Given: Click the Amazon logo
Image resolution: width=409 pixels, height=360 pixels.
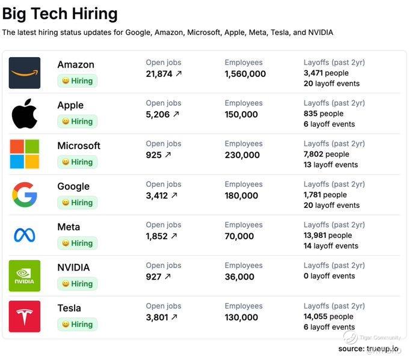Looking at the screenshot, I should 25,73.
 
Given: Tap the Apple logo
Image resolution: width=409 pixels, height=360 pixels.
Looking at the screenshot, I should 25,114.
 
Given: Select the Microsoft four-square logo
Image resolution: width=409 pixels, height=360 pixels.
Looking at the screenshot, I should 25,154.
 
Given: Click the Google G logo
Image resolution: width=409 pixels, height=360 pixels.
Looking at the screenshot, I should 25,195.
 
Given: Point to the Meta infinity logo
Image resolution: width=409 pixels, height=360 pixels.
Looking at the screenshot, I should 25,235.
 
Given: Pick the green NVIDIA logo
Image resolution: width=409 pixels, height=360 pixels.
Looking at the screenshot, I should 25,276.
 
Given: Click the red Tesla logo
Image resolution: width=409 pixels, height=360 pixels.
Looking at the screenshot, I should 25,316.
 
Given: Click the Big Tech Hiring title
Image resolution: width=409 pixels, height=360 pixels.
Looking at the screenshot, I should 60,13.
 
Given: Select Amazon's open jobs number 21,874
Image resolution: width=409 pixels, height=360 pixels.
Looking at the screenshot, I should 159,74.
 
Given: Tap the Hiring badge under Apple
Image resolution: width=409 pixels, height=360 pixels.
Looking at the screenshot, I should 78,121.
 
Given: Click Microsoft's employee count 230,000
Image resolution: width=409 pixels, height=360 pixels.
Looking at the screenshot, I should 242,155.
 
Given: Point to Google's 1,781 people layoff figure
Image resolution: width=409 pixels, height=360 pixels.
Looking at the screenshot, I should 325,195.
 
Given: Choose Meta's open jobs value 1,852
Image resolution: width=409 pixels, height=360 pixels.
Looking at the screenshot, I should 156,236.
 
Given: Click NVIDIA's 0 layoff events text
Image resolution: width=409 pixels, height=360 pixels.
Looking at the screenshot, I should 329,276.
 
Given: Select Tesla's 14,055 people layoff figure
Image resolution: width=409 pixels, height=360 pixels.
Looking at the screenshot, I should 328,317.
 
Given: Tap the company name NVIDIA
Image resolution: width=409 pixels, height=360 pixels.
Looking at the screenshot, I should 73,267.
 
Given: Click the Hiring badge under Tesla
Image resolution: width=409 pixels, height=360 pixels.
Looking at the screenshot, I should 78,325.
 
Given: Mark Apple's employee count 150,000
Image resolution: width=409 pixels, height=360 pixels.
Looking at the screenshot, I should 241,114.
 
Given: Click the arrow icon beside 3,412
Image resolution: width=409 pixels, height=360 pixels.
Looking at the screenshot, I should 174,195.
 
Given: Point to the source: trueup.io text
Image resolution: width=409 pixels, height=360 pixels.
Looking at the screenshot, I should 368,349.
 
